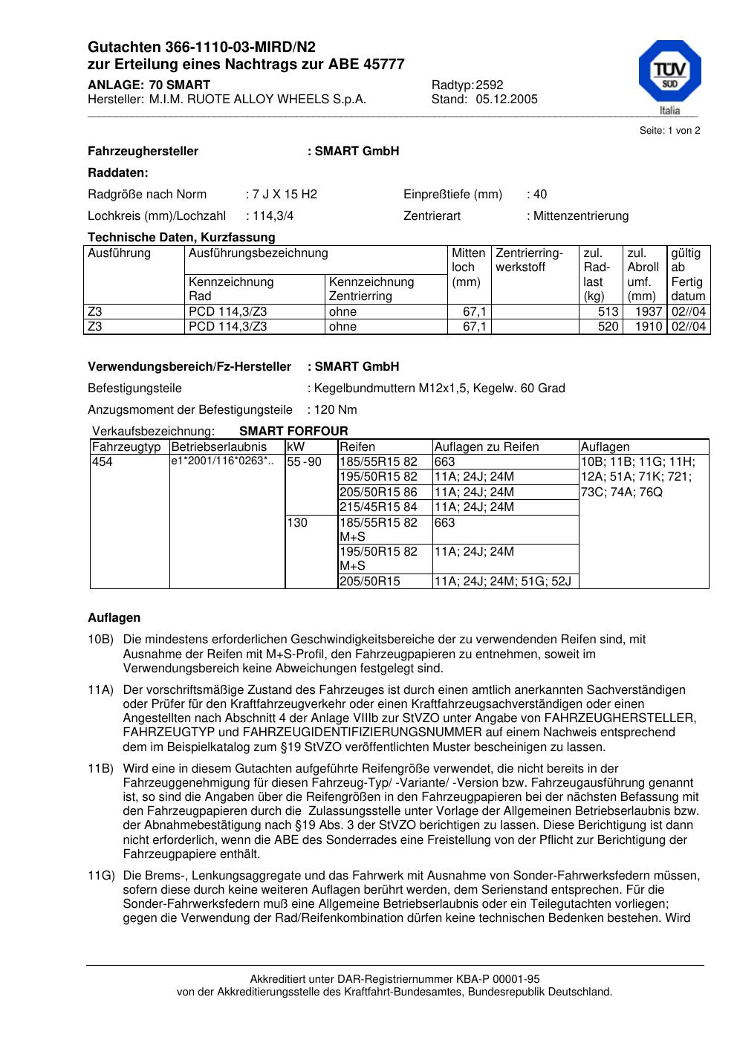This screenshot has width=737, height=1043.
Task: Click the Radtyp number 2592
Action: pos(490,85)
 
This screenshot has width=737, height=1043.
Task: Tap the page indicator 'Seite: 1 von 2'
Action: pos(669,131)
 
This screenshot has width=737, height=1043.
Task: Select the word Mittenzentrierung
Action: pos(580,216)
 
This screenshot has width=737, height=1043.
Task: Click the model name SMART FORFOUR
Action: pos(293,432)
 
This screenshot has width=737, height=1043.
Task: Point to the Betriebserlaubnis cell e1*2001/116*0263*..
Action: pos(222,462)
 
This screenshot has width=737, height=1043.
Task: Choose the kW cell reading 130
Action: pos(297,523)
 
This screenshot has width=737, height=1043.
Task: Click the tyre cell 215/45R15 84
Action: pos(379,507)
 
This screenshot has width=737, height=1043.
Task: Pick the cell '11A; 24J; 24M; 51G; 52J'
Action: pos(502,582)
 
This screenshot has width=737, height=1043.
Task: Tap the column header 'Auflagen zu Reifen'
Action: pos(487,447)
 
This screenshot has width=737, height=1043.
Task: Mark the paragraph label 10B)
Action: pos(100,640)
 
